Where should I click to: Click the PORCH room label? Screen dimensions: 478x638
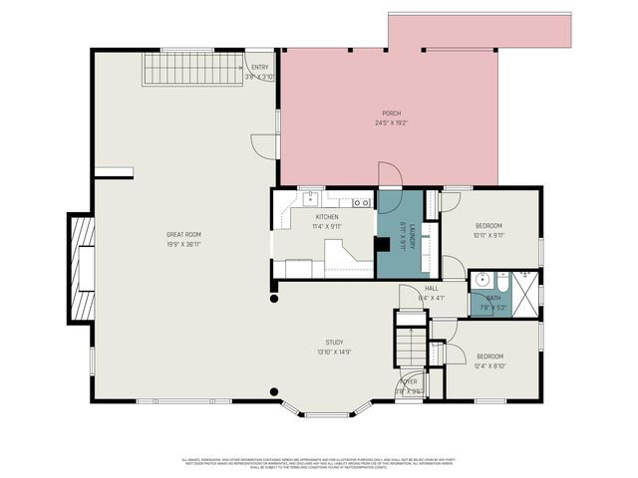[392, 114]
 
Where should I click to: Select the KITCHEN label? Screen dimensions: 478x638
[327, 217]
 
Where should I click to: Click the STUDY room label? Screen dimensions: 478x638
[334, 342]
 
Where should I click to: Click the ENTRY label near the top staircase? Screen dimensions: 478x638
[259, 67]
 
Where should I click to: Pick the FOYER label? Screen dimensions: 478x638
[410, 381]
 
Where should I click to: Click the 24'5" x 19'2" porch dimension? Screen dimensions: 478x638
[392, 123]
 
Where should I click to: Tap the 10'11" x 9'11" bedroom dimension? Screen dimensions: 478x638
[488, 236]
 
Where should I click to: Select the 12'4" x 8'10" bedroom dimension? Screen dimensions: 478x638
[489, 366]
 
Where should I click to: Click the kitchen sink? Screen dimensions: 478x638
[311, 198]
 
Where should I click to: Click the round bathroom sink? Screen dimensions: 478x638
[479, 279]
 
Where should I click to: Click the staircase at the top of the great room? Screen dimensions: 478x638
[193, 69]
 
